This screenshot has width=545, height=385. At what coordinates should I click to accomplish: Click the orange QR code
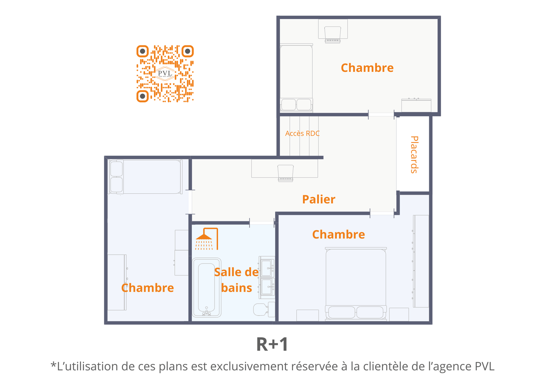(x=165, y=74)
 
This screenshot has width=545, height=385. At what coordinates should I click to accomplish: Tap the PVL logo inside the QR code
(x=165, y=73)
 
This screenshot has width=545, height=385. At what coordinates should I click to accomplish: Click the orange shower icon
(x=207, y=239)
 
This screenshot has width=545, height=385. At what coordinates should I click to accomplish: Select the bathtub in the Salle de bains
(x=206, y=287)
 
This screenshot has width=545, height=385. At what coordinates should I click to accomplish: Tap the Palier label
(x=319, y=199)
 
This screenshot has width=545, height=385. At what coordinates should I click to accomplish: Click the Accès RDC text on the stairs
(x=302, y=133)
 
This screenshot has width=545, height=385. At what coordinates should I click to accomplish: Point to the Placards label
(x=414, y=155)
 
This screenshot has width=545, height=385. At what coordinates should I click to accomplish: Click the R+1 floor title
(x=272, y=344)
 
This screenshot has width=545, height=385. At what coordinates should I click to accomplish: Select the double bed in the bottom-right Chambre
(x=356, y=284)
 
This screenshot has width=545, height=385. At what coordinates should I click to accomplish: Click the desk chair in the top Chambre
(x=332, y=34)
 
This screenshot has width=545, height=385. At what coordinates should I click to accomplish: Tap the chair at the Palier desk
(x=286, y=173)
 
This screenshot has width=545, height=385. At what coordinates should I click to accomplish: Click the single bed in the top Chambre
(x=296, y=78)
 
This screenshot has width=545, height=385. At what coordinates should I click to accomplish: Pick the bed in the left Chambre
(x=145, y=177)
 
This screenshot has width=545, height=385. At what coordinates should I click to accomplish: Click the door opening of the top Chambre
(x=381, y=115)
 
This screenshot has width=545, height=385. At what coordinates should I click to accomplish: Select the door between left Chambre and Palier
(x=190, y=202)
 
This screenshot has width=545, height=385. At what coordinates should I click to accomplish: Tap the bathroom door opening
(x=262, y=223)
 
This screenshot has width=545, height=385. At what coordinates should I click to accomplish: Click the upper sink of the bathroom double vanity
(x=267, y=268)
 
